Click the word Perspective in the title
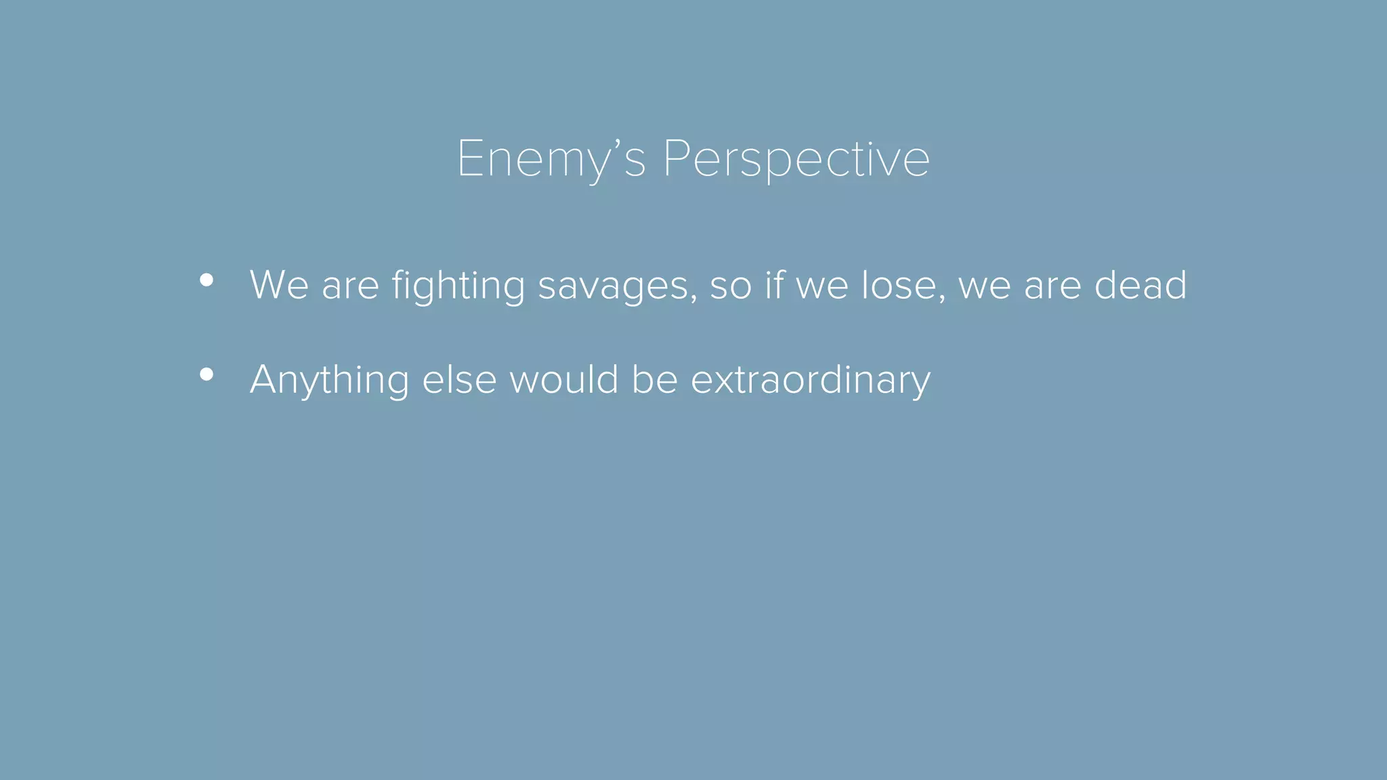click(x=796, y=160)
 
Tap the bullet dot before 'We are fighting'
click(x=207, y=280)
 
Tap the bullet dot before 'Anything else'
click(x=207, y=374)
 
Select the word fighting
click(x=458, y=285)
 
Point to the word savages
click(x=613, y=285)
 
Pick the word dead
click(x=1140, y=285)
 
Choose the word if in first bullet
click(x=773, y=285)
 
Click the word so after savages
click(x=730, y=285)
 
